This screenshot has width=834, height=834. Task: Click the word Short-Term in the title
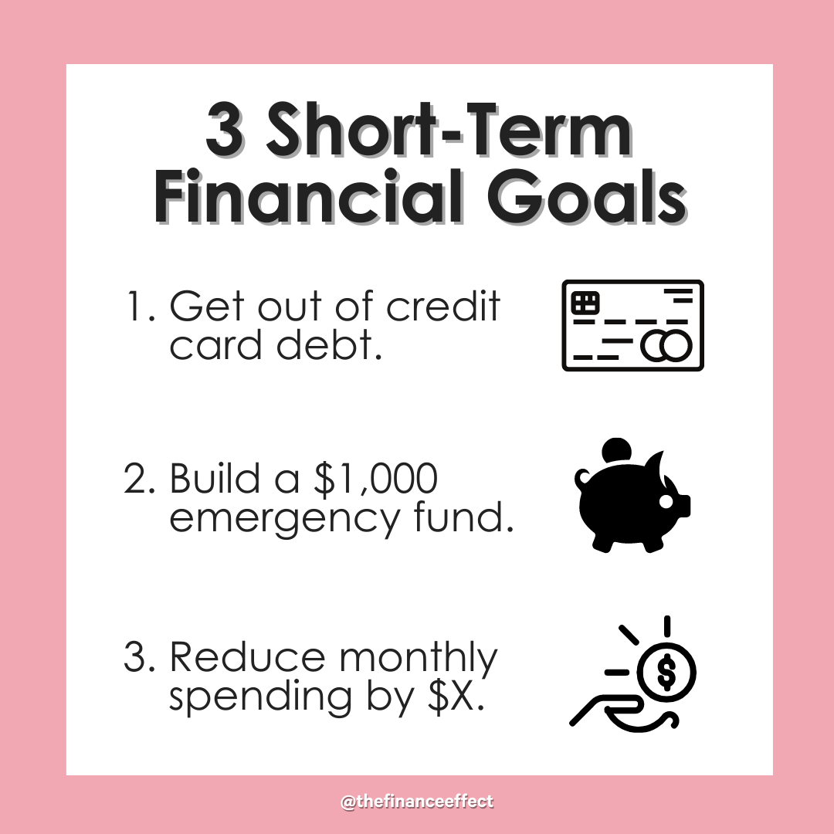pos(449,129)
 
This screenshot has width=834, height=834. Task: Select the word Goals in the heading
pos(587,196)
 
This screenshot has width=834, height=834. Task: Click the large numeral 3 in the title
pos(225,129)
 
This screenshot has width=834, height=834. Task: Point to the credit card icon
pos(633,325)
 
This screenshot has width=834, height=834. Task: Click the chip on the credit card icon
pos(585,303)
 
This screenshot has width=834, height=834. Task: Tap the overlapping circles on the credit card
pos(666,346)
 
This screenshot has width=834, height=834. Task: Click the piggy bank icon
pos(632,496)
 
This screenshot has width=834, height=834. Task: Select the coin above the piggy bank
pos(616,450)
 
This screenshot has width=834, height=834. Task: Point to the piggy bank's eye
pos(666,501)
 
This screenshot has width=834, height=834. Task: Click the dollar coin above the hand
pos(666,672)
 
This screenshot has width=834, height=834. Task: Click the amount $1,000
pos(376,479)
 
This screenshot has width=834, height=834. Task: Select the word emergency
pos(284,519)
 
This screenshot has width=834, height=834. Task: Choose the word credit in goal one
pos(443,307)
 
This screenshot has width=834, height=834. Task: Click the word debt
pos(329,345)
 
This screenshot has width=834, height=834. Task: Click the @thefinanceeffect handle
pos(417,802)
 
